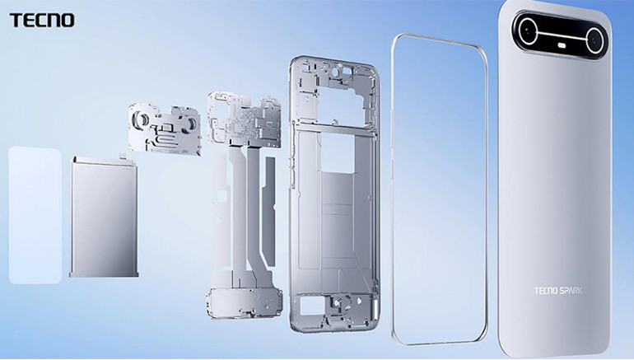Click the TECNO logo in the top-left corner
coord(42,21)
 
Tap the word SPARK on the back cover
coord(571,291)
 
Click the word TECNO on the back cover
coord(546,291)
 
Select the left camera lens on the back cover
coord(529,30)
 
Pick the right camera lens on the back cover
coord(595,40)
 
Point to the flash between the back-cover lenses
coord(562,45)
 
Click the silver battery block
coord(104,217)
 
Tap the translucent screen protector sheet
coord(35,215)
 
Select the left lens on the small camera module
coord(141,119)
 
